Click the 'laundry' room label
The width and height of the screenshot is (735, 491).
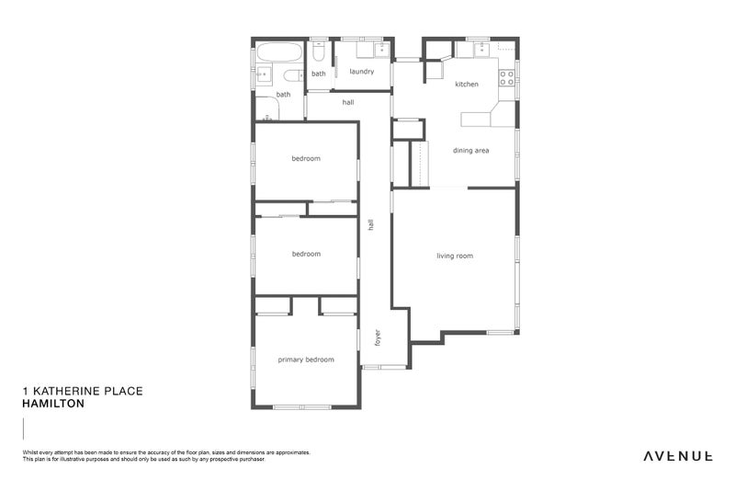[x=361, y=71]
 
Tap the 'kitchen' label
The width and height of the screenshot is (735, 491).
[x=467, y=85]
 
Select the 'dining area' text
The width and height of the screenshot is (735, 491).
[x=470, y=150]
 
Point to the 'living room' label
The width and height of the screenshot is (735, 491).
[x=455, y=256]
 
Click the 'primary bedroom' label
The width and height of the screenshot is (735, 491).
[x=306, y=360]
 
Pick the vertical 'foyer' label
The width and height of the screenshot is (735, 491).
[x=377, y=337]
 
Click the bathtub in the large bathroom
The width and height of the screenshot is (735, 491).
[x=278, y=51]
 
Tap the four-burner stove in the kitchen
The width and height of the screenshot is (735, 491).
[x=505, y=78]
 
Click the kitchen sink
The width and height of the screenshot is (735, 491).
[x=481, y=49]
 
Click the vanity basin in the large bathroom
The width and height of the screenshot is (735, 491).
[x=262, y=74]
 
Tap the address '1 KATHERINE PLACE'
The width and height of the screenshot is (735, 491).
[x=82, y=391]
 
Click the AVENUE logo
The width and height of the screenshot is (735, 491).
[x=677, y=455]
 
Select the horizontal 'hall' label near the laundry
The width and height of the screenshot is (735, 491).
[x=348, y=102]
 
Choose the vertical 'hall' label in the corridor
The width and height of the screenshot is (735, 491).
[x=371, y=223]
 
